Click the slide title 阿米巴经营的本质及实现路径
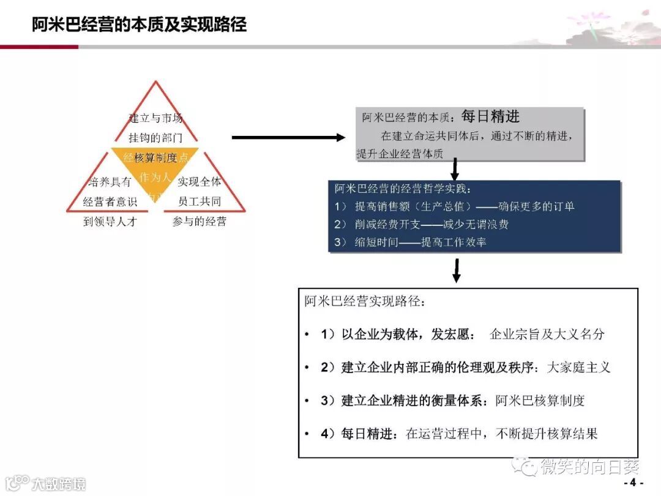coord(140,24)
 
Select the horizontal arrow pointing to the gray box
coord(288,137)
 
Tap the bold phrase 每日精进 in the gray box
coord(490,116)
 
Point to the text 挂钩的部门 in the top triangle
coord(155,138)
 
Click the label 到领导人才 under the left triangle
coord(110,222)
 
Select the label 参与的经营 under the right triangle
coord(200,222)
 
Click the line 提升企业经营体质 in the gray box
coord(400,154)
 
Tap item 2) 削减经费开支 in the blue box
coord(422,224)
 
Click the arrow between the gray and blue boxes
coord(455,168)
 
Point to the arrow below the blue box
coord(455,271)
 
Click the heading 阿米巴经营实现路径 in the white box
coord(364,301)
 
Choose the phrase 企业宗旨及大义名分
coord(547,334)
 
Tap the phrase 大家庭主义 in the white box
coord(578,367)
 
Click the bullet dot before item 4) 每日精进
coord(307,434)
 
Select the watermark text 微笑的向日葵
coord(589,467)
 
